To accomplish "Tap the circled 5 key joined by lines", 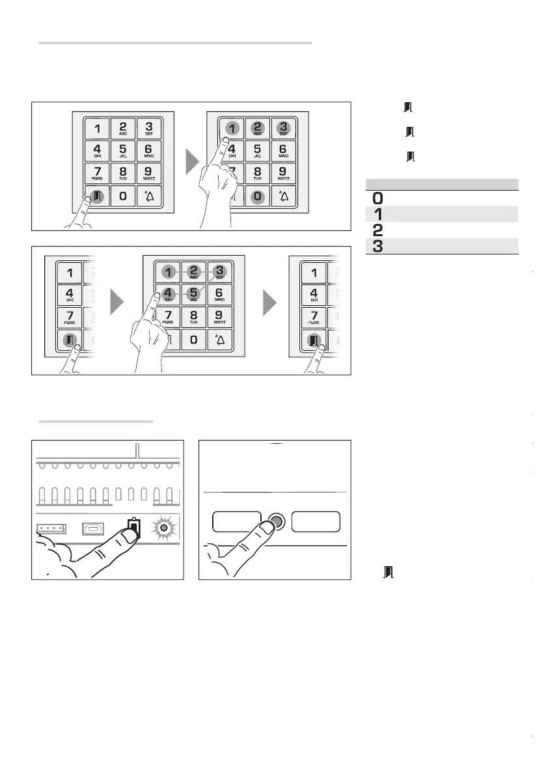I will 193,293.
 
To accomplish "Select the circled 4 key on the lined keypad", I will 167,293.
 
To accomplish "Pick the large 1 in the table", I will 377,214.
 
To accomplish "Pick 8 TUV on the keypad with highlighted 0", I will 258,173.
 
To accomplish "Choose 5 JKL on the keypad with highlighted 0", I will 258,151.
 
